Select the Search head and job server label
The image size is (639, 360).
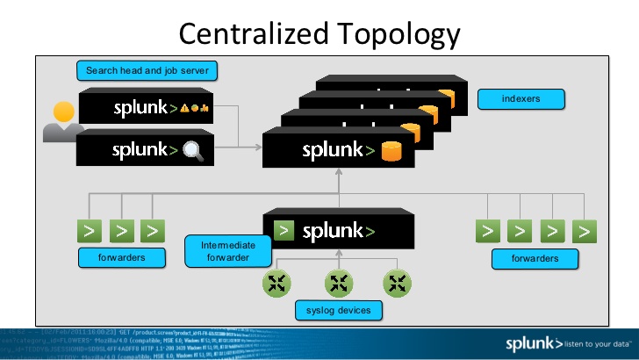tap(147, 70)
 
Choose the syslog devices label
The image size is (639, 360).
tap(339, 311)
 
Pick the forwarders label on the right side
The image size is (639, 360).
tap(535, 258)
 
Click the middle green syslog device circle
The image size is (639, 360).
tap(339, 283)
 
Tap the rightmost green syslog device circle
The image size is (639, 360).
tap(398, 283)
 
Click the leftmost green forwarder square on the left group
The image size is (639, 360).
tap(90, 231)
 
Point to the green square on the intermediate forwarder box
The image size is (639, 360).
tap(284, 232)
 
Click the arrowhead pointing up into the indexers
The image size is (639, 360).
tap(339, 176)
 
